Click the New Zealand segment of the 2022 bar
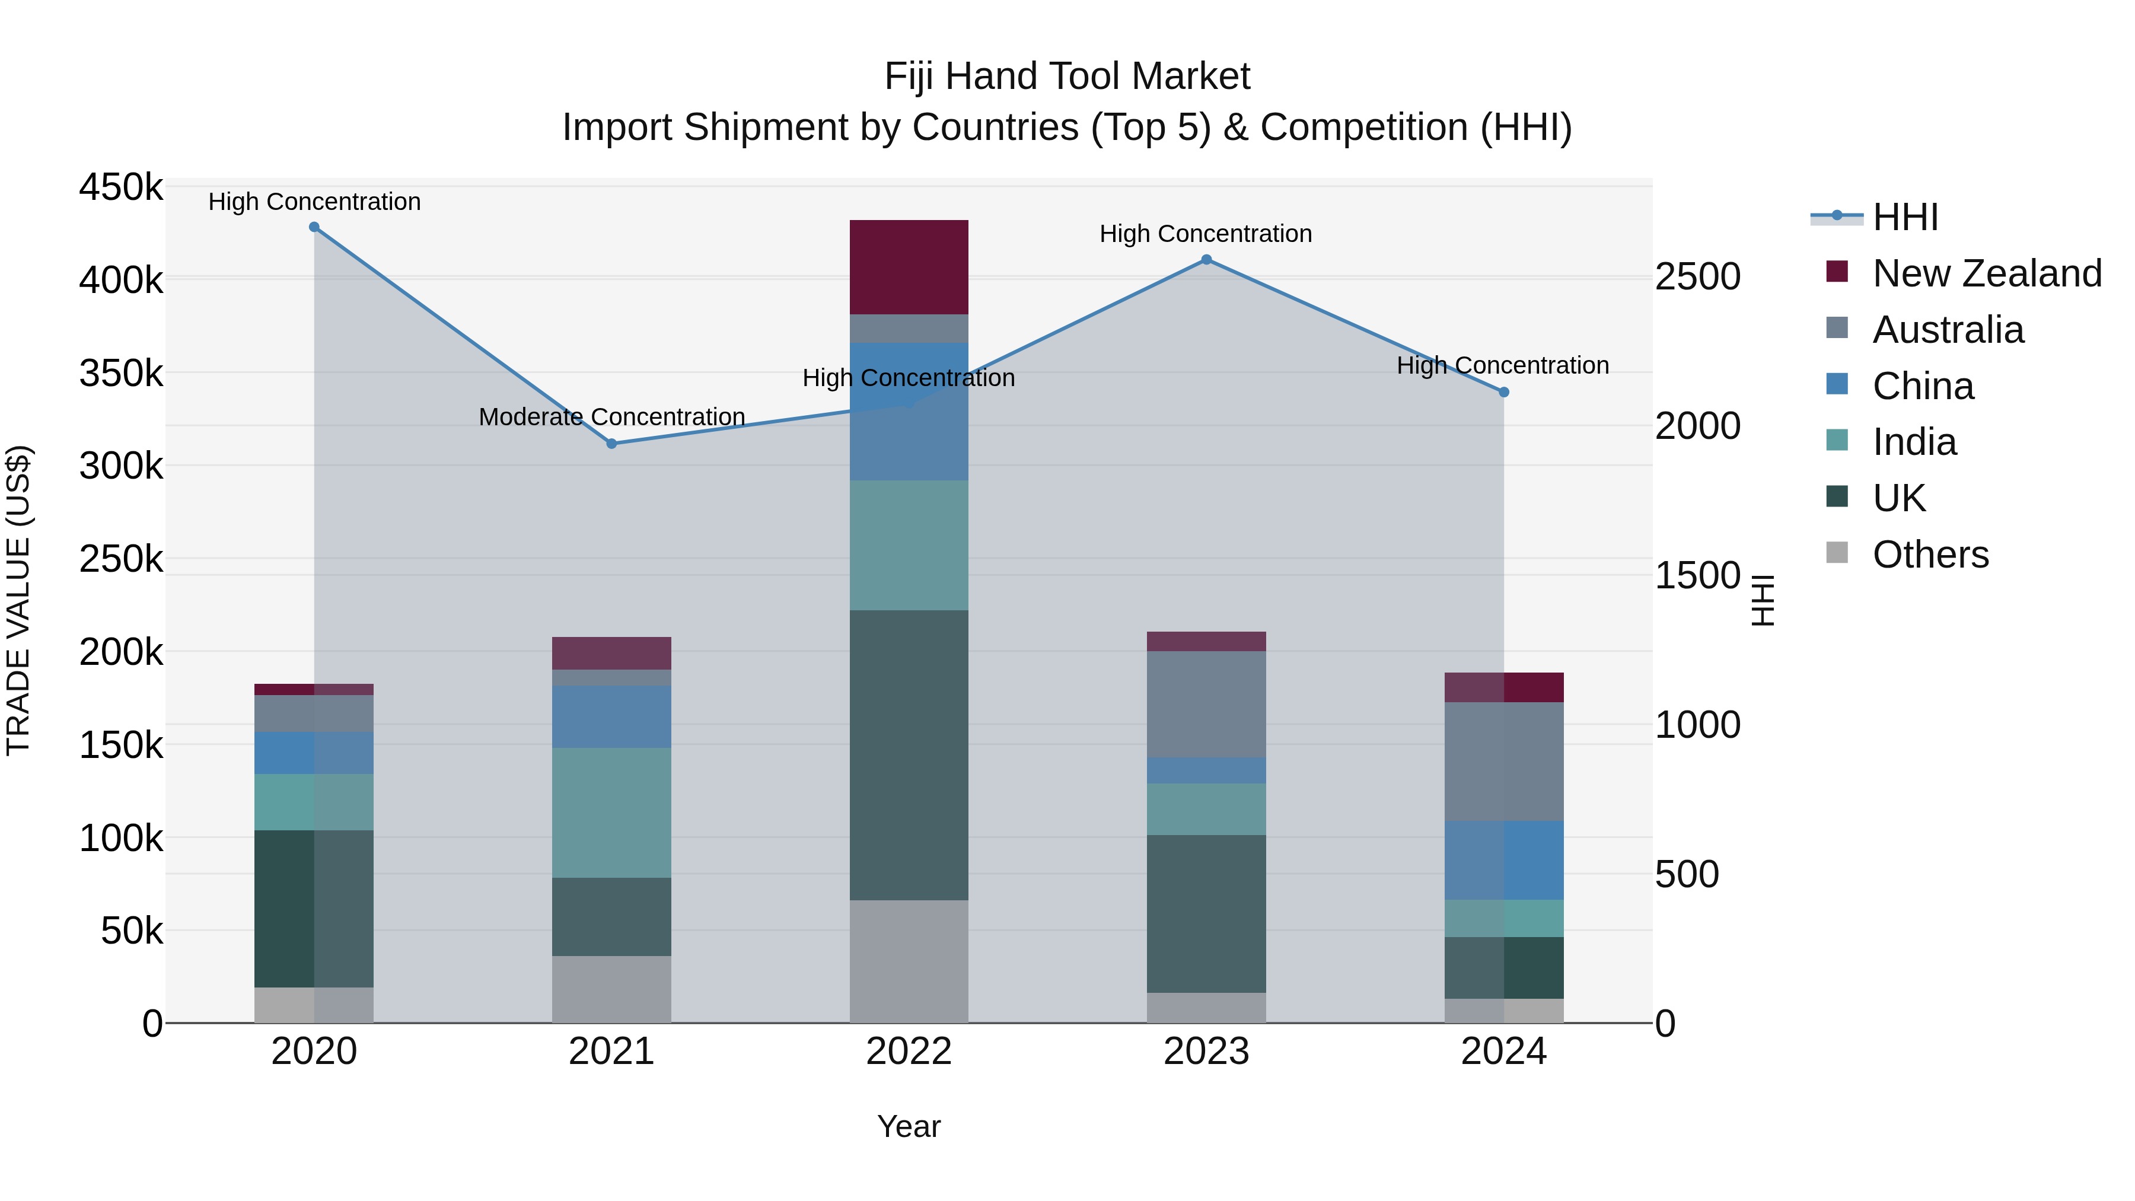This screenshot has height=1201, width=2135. click(909, 267)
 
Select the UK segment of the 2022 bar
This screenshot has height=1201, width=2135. click(909, 754)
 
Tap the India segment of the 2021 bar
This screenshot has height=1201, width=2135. click(611, 813)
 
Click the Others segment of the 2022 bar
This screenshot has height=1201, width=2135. click(909, 961)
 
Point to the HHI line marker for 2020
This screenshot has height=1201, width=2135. click(314, 227)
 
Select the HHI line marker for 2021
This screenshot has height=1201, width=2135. click(611, 444)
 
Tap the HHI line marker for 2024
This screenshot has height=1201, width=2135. click(1503, 392)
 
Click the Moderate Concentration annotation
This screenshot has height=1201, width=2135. click(611, 417)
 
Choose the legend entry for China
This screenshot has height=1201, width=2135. click(1923, 386)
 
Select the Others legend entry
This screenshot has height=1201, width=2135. click(1930, 555)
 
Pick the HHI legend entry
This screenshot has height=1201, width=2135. click(1904, 217)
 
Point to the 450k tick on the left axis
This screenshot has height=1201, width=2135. click(121, 187)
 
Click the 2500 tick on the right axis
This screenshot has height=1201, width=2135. click(1697, 277)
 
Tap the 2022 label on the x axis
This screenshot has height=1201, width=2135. click(909, 1052)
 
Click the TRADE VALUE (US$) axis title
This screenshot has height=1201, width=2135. click(18, 600)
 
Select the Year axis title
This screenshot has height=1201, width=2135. click(909, 1126)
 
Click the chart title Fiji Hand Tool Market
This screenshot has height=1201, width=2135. click(1067, 77)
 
